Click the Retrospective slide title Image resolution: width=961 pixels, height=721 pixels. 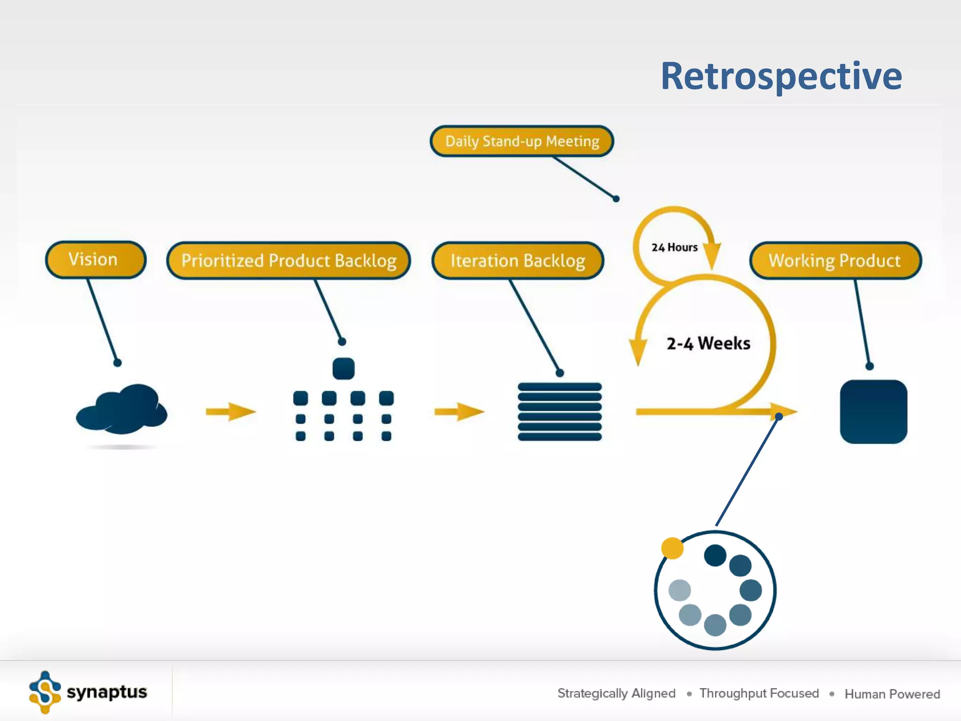click(x=781, y=76)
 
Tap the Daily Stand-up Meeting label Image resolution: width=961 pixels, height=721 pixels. click(x=522, y=141)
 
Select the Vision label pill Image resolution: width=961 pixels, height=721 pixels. click(x=95, y=260)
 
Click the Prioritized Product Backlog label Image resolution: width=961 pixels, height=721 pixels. click(x=289, y=261)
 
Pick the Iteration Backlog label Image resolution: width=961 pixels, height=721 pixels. click(x=518, y=261)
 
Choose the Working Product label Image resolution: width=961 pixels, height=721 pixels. click(x=835, y=261)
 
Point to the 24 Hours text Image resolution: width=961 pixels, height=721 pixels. click(x=674, y=247)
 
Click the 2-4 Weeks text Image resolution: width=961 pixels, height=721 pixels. click(x=708, y=343)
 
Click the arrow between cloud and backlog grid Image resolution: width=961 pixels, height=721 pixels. click(x=230, y=412)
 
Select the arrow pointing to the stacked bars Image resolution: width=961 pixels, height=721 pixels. click(x=459, y=412)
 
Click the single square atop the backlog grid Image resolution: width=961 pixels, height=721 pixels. click(x=343, y=368)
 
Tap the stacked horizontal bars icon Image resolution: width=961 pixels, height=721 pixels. click(x=559, y=412)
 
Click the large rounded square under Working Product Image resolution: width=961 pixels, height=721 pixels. click(x=873, y=412)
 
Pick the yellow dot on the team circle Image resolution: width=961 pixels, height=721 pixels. click(x=672, y=548)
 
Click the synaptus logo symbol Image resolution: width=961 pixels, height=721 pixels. click(x=45, y=692)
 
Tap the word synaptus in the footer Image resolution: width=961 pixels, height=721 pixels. click(x=107, y=692)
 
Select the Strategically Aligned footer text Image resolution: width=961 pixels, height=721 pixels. click(x=616, y=693)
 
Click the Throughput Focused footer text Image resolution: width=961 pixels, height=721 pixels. click(x=759, y=693)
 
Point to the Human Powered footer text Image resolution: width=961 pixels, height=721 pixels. click(x=892, y=694)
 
